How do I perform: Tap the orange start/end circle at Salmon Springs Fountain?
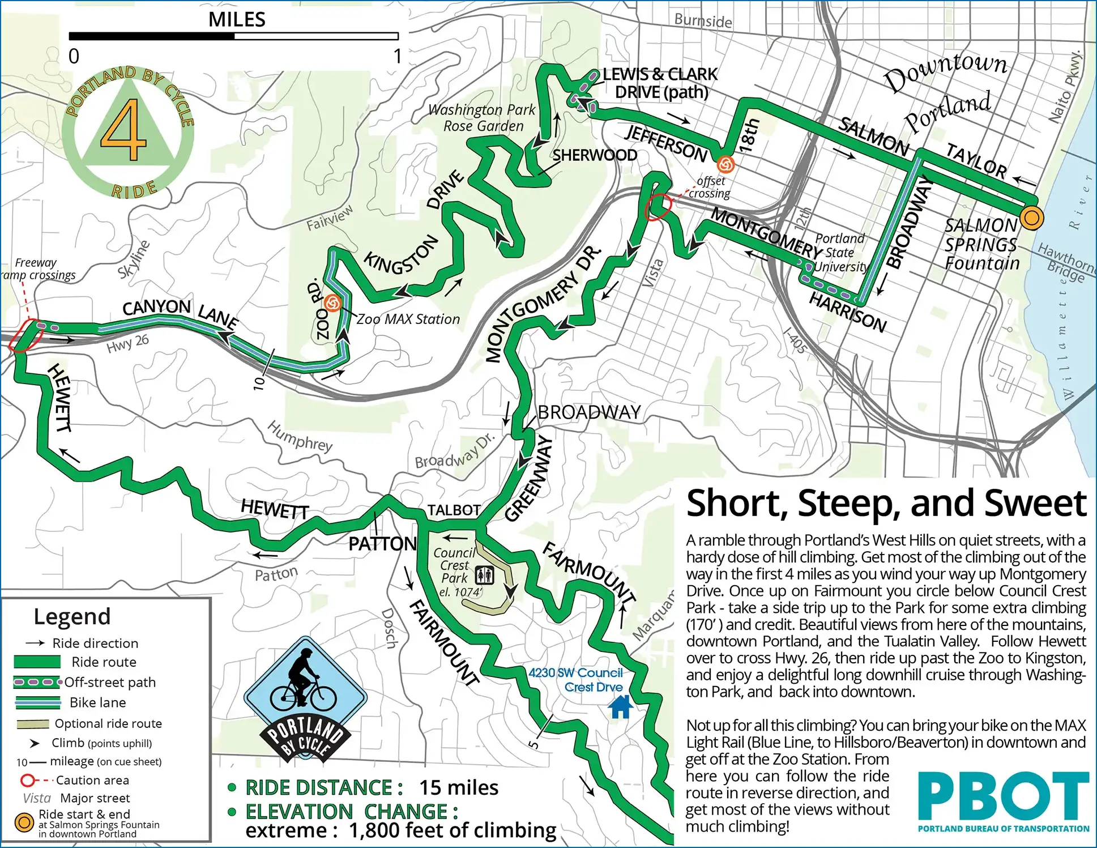click(x=1031, y=218)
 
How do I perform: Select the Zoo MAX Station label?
click(x=408, y=319)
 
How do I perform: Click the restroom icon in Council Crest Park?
click(x=484, y=575)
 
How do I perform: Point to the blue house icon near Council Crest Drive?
click(x=620, y=706)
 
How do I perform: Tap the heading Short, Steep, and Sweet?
click(x=886, y=503)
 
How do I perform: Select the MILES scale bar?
click(x=233, y=36)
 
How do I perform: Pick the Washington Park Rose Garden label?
click(x=482, y=118)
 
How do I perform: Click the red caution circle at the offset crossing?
click(x=658, y=207)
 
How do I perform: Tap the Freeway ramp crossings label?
click(x=37, y=269)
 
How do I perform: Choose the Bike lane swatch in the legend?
click(x=37, y=703)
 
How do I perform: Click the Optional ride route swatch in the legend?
click(x=33, y=724)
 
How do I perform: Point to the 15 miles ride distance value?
click(x=458, y=788)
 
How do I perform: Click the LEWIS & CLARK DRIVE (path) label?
click(x=660, y=83)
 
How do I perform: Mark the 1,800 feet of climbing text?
click(x=453, y=830)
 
